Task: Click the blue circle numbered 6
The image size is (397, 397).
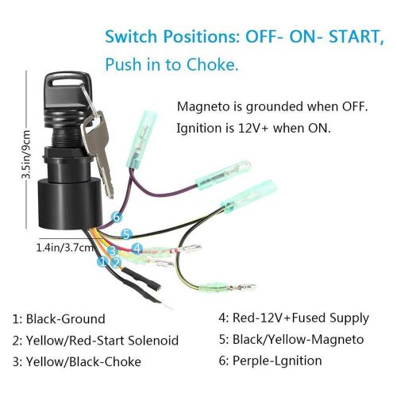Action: click(x=117, y=216)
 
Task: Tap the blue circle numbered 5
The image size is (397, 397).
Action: click(x=126, y=234)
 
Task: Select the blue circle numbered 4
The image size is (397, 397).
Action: click(x=137, y=248)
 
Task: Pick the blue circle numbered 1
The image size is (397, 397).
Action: click(x=102, y=261)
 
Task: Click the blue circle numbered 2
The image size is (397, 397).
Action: click(x=115, y=262)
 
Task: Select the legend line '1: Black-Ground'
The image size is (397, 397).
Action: click(x=59, y=318)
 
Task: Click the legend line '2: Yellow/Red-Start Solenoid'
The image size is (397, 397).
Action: click(x=95, y=341)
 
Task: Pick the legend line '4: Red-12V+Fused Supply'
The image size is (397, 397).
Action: click(x=293, y=318)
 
